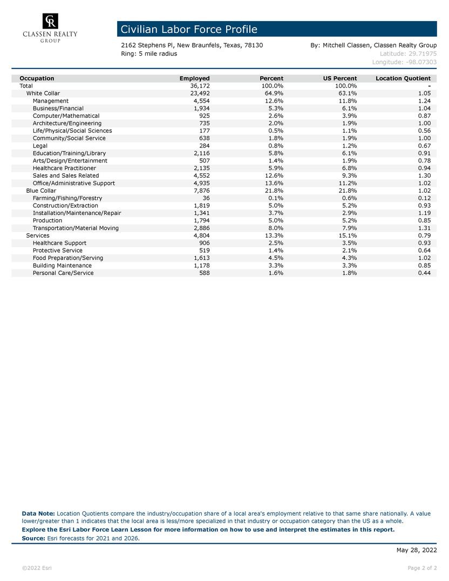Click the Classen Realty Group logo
click(50, 28)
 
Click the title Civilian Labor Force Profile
click(189, 29)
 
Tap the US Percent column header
click(340, 78)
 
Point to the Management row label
click(51, 101)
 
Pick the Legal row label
click(40, 146)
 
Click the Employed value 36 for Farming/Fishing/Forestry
click(206, 198)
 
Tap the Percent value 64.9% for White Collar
click(273, 93)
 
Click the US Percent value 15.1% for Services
click(345, 235)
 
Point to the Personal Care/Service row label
click(63, 273)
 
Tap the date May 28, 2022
click(416, 550)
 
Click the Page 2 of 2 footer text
click(422, 568)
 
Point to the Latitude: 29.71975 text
click(408, 53)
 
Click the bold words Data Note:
click(38, 514)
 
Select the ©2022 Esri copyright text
click(37, 568)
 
